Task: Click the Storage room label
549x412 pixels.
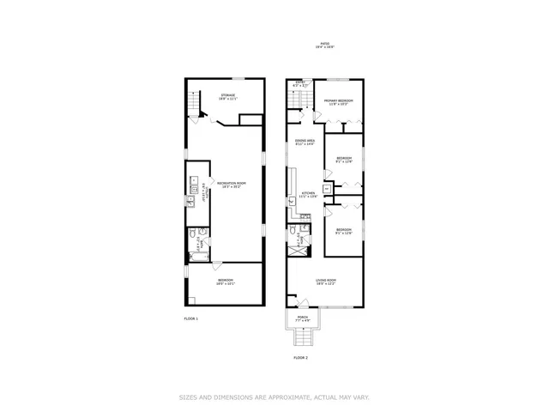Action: (x=227, y=96)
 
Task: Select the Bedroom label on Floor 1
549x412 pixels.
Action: (x=226, y=282)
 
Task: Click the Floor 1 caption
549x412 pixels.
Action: (x=190, y=318)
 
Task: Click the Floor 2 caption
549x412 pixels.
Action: (x=300, y=357)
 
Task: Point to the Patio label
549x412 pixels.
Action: (x=325, y=45)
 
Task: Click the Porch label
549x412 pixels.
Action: (x=302, y=318)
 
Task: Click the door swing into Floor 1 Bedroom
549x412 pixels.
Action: (x=217, y=268)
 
